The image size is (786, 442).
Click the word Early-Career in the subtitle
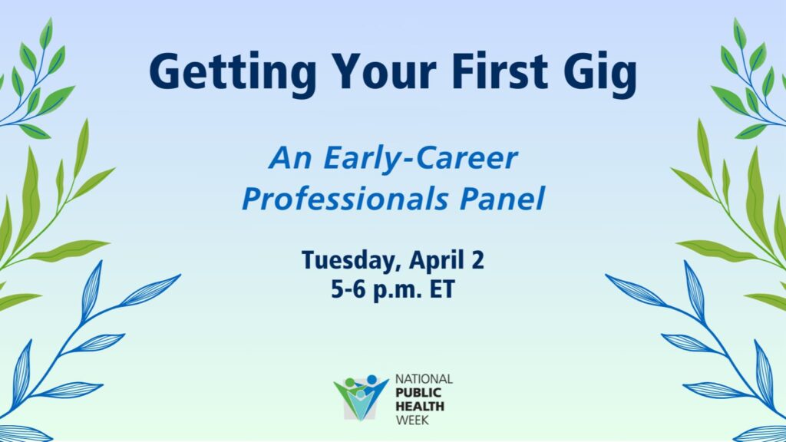click(x=420, y=159)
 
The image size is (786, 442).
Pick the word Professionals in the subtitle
click(x=345, y=199)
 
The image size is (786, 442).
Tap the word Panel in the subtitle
click(x=502, y=199)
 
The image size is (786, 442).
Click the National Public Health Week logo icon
click(x=361, y=397)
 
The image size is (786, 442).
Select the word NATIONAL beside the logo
click(x=424, y=379)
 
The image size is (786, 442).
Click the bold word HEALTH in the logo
click(x=420, y=406)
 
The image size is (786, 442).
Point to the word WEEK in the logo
click(x=412, y=420)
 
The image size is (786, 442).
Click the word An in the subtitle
click(x=290, y=158)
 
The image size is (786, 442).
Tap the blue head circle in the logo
click(x=372, y=379)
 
